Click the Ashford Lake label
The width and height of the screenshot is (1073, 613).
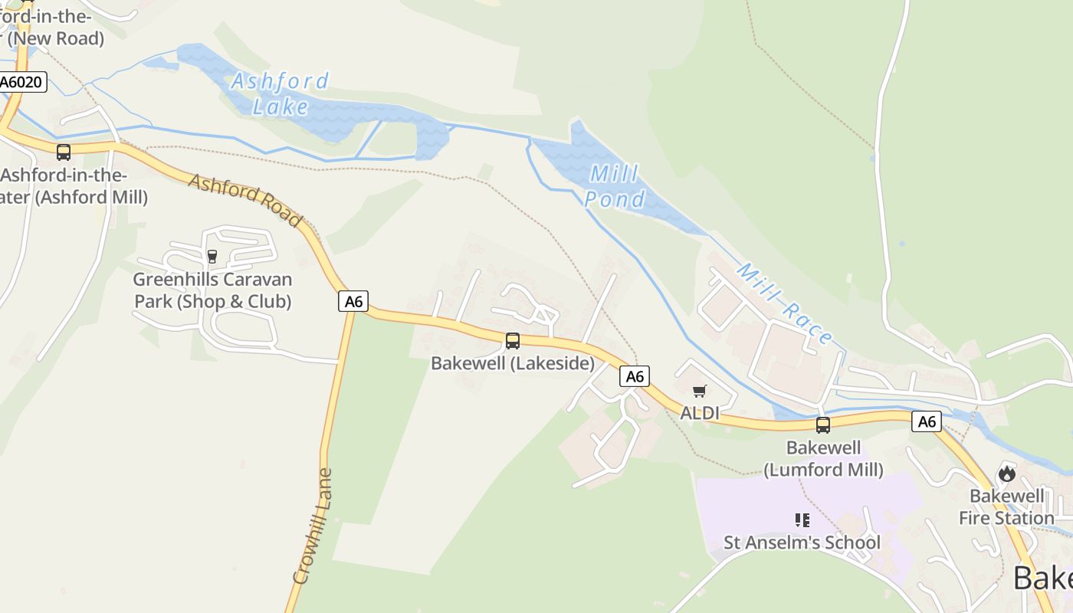coord(280,93)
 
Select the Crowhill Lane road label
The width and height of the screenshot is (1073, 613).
coord(313,526)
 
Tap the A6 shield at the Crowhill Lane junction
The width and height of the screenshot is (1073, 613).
coord(353,301)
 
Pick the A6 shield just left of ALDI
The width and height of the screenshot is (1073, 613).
coord(635,376)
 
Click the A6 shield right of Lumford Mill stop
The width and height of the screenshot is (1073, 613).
coord(927,421)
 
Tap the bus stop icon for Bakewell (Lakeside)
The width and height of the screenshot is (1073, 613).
coord(513,341)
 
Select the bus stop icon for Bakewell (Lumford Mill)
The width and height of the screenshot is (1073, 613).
coord(823,425)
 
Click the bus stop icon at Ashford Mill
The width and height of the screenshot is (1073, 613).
coord(64,152)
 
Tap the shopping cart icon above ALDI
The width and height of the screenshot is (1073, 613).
coord(699,392)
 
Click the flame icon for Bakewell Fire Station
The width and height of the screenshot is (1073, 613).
coord(1007,474)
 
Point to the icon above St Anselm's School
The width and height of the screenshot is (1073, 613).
coord(802,521)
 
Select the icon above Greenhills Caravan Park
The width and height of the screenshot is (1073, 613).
coord(212,256)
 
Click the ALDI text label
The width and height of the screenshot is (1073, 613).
coord(700,413)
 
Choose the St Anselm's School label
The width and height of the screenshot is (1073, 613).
coord(802,543)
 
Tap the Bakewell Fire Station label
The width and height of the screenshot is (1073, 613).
coord(1006,506)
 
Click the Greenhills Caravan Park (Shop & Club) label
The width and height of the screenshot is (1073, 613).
coord(212,290)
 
